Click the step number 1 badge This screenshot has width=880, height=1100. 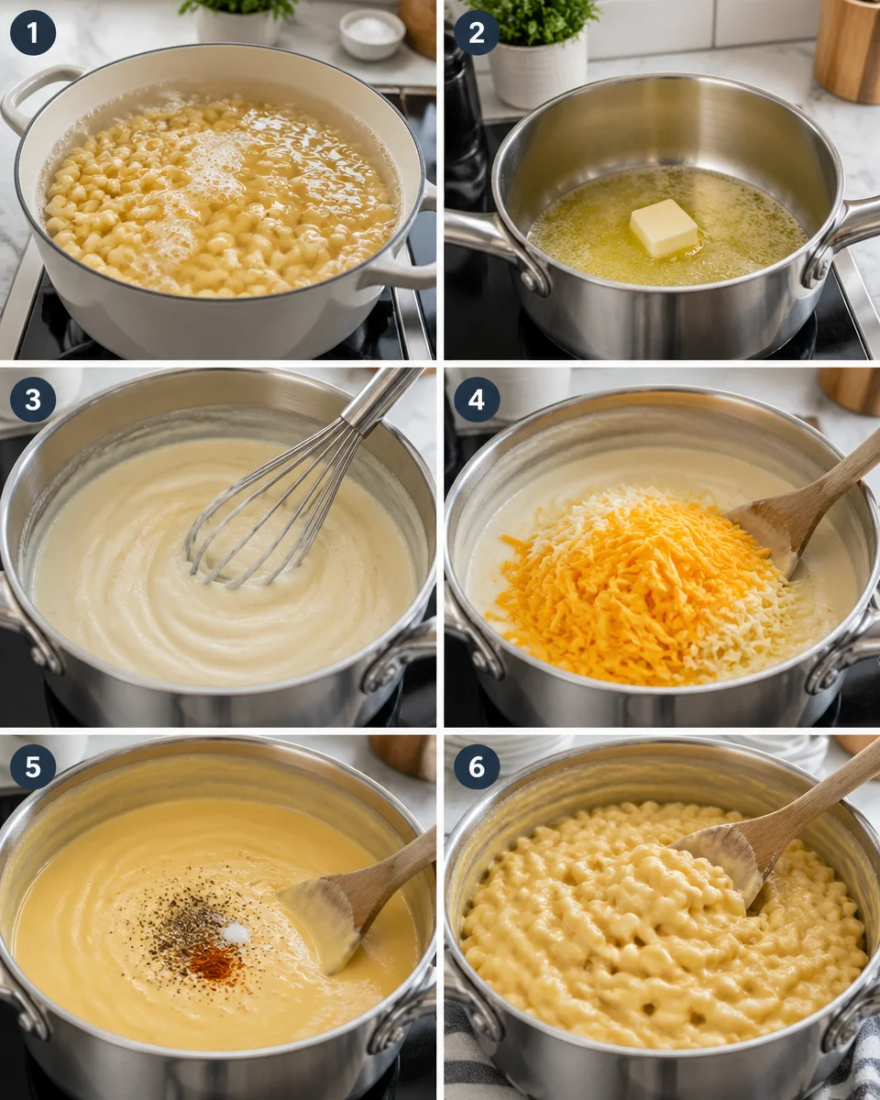[x=33, y=33]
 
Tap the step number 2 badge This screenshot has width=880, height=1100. [x=477, y=33]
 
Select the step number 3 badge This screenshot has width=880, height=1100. [x=33, y=400]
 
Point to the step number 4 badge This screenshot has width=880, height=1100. [x=477, y=400]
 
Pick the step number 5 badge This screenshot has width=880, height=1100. [x=33, y=766]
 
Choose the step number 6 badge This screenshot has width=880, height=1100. [x=477, y=766]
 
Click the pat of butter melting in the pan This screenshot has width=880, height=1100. [x=664, y=227]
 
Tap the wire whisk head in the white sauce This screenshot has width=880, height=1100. [x=266, y=513]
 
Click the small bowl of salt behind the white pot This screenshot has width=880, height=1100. [x=371, y=33]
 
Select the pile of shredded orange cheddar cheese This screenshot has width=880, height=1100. [x=632, y=587]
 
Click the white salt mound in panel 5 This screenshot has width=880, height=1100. [x=236, y=933]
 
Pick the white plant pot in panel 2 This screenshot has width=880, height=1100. [x=537, y=69]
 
